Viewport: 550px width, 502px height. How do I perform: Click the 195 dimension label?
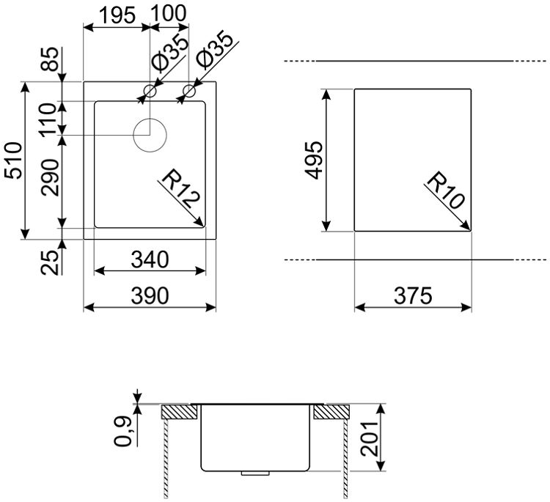117,16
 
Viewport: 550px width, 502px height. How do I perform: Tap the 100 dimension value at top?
169,14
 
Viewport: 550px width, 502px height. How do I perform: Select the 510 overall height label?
14,160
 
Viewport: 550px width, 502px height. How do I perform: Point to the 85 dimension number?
49,59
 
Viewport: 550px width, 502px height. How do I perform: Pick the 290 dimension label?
49,177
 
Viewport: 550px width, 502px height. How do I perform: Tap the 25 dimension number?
49,262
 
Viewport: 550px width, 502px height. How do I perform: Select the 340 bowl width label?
150,259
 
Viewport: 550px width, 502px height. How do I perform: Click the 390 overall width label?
150,295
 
